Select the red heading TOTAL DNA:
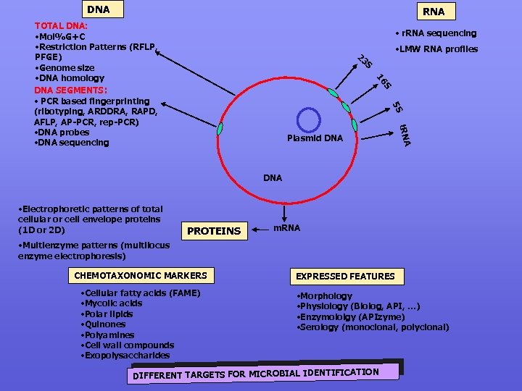(61, 25)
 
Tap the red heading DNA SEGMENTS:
(70, 90)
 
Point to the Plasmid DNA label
(314, 138)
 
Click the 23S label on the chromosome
(365, 63)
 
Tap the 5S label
(397, 106)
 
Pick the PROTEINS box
(214, 230)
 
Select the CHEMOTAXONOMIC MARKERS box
(141, 275)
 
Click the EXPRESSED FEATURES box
(344, 276)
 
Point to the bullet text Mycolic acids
(113, 303)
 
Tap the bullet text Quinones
(104, 324)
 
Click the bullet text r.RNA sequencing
(435, 33)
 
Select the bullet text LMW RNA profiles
(435, 49)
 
